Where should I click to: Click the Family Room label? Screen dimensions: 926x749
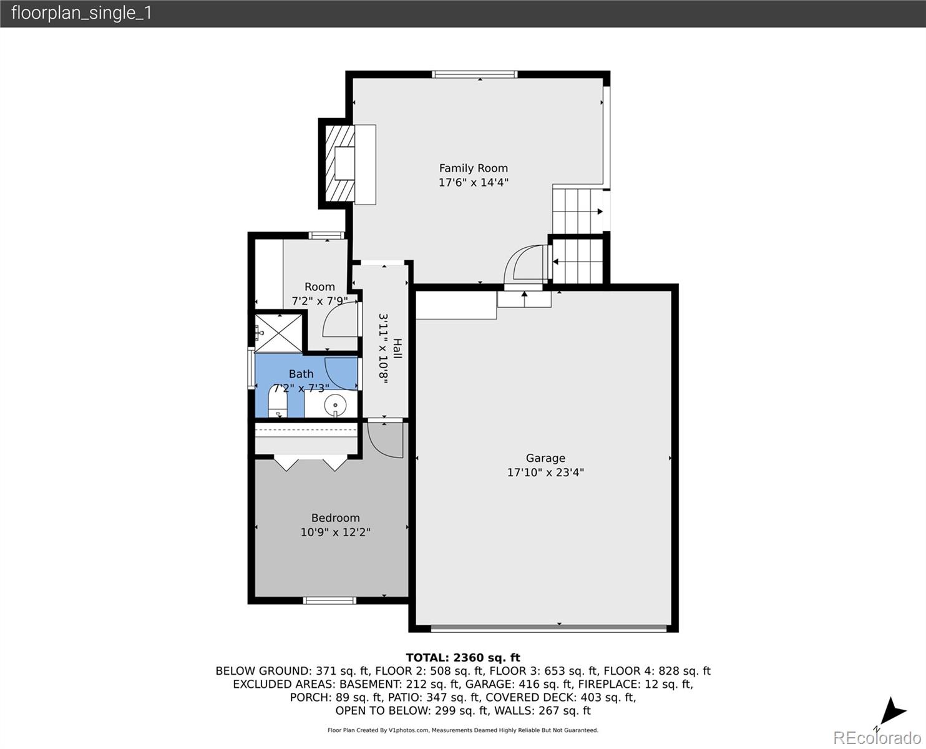pyautogui.click(x=473, y=169)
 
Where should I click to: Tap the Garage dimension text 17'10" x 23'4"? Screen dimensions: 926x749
pyautogui.click(x=545, y=472)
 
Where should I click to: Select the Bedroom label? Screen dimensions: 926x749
pyautogui.click(x=335, y=517)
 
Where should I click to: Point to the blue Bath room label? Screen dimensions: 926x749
pyautogui.click(x=301, y=374)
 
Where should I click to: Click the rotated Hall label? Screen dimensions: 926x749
pyautogui.click(x=397, y=349)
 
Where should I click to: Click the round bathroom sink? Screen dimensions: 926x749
pyautogui.click(x=334, y=405)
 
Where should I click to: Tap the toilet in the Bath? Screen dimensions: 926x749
pyautogui.click(x=277, y=401)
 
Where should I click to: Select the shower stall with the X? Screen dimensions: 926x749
pyautogui.click(x=278, y=333)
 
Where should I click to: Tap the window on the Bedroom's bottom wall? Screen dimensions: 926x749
pyautogui.click(x=329, y=601)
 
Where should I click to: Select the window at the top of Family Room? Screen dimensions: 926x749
pyautogui.click(x=475, y=74)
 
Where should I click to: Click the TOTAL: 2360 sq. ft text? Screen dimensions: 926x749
pyautogui.click(x=463, y=658)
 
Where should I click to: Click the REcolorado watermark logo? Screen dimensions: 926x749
pyautogui.click(x=877, y=737)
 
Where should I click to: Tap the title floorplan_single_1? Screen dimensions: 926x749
pyautogui.click(x=82, y=13)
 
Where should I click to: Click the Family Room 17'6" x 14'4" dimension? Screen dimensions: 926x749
pyautogui.click(x=473, y=182)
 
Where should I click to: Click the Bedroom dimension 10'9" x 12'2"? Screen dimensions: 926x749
pyautogui.click(x=335, y=532)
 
